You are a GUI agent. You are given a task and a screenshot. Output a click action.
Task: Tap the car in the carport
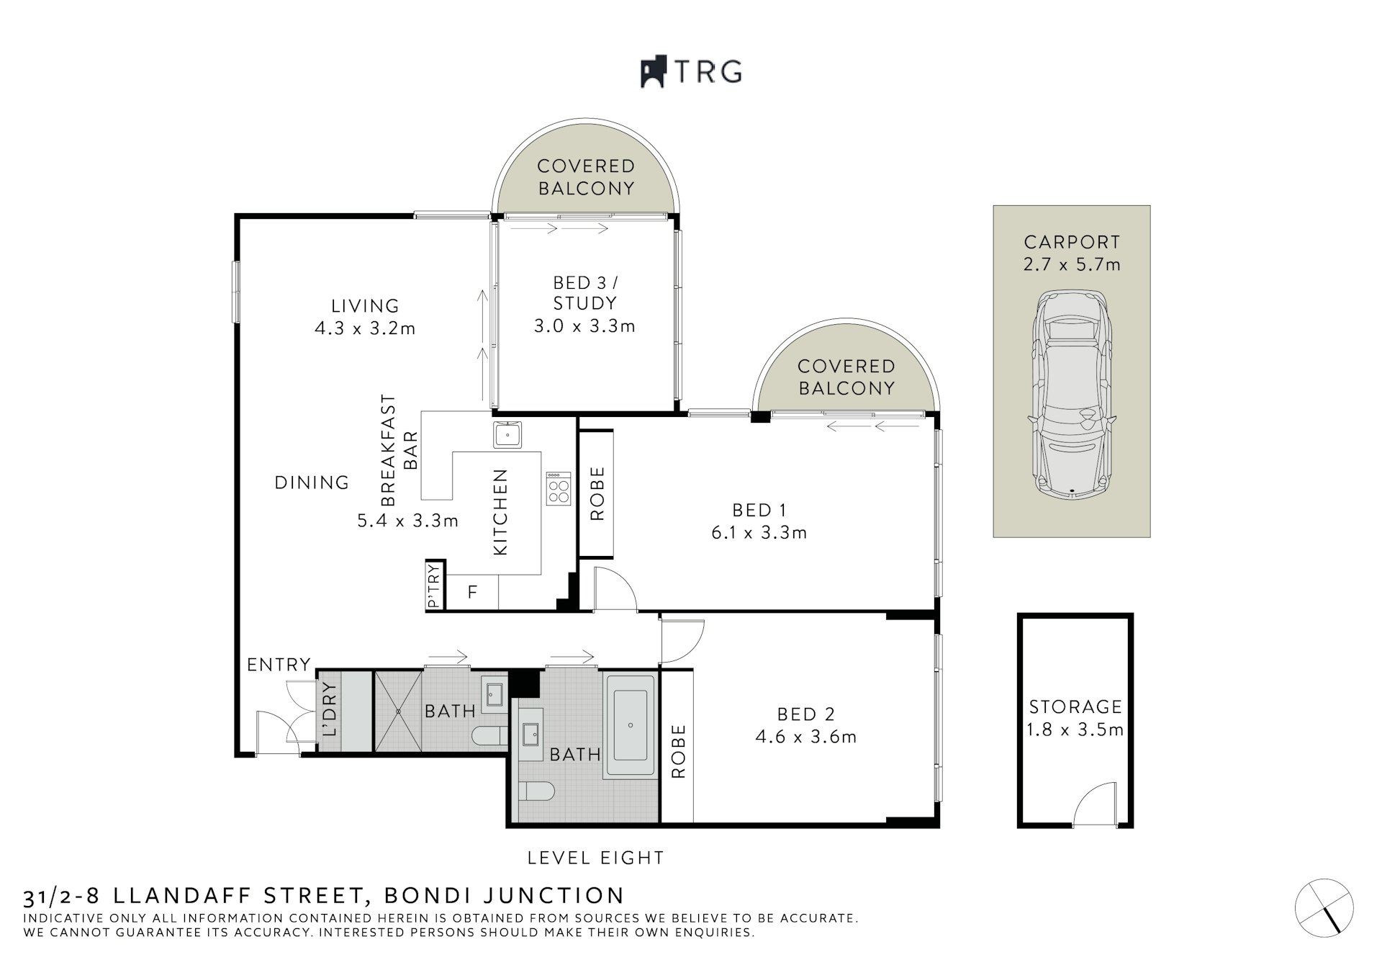pos(1071,395)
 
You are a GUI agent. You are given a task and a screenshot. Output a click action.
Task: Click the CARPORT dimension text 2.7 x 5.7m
pos(1072,264)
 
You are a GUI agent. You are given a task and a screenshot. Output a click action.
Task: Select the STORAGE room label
pos(1075,706)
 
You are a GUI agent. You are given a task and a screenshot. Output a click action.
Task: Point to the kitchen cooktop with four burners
pos(558,489)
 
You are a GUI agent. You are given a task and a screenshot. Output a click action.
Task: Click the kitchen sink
pos(507,435)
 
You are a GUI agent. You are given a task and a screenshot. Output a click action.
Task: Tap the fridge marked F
pos(472,593)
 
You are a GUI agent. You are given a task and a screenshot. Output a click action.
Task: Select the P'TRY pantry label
pos(433,586)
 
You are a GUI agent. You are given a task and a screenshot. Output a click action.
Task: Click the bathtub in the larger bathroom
pos(631,726)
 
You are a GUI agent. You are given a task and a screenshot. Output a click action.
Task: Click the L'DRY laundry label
pos(330,709)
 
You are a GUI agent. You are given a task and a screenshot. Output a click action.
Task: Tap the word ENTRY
pos(279,665)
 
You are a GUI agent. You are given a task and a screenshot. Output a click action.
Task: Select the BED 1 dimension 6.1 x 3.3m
pos(759,533)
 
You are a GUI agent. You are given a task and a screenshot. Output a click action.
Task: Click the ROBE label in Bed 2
pos(678,752)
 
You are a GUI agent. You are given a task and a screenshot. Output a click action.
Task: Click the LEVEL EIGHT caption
pos(595,858)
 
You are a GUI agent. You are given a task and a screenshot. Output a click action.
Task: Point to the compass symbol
pos(1324,907)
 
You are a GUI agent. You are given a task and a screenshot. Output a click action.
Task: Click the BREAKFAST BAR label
pos(399,450)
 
